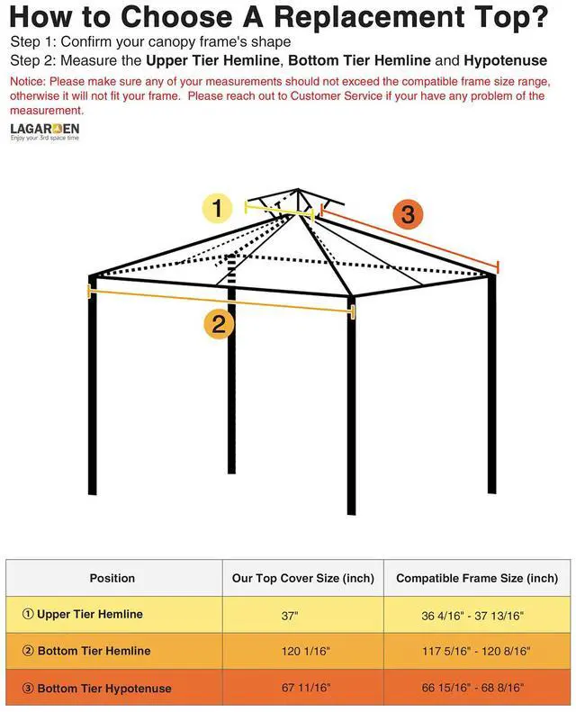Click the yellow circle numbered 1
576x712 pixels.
(217, 209)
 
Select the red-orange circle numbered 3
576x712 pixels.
(407, 214)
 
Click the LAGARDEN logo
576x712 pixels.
(44, 130)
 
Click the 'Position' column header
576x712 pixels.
(112, 578)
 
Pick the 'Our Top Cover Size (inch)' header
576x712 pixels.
(302, 578)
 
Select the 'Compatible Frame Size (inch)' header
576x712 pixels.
(477, 578)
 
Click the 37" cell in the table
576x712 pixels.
(290, 616)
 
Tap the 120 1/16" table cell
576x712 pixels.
(305, 652)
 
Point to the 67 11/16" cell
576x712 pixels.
(306, 688)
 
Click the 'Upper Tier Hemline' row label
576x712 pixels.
(90, 615)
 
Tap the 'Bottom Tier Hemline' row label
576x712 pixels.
(94, 651)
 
